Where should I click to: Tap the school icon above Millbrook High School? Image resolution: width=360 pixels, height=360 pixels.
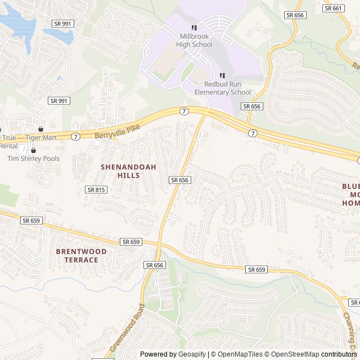(194, 28)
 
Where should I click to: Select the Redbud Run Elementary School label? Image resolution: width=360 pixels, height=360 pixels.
(223, 88)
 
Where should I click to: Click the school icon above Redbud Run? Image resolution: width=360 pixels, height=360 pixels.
(222, 75)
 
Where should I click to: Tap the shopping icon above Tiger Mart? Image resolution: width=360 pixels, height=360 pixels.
(40, 129)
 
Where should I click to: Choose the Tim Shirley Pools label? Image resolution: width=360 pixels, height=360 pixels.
(33, 159)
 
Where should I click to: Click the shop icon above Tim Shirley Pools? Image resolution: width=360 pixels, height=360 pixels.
(33, 150)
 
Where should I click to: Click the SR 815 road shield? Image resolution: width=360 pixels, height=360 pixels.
(96, 190)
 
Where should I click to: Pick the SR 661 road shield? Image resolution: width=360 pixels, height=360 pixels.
(334, 8)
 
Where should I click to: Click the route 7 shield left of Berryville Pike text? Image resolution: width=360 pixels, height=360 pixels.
(76, 137)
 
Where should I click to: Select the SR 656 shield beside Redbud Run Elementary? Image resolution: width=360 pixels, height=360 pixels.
(252, 106)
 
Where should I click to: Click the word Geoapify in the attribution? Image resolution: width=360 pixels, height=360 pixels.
(193, 354)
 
